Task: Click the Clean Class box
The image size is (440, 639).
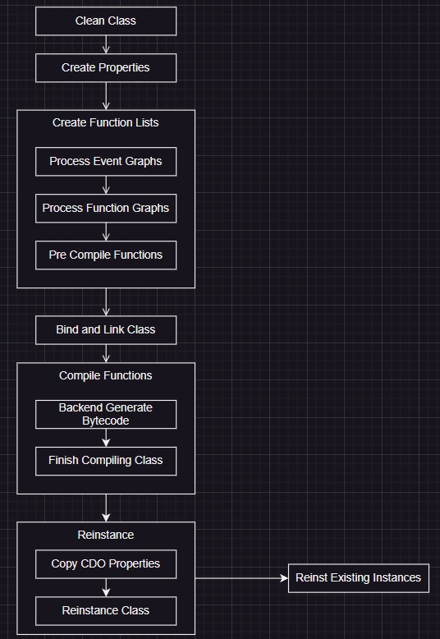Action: tap(106, 21)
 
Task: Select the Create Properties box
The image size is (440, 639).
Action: tap(106, 67)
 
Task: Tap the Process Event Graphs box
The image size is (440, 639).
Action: tap(106, 161)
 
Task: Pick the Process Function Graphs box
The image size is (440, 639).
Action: tap(106, 209)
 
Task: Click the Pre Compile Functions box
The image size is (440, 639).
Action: tap(106, 255)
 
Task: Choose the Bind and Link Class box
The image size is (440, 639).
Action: tap(106, 329)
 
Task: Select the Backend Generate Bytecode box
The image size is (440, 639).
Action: tap(106, 414)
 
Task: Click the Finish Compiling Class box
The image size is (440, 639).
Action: tap(106, 461)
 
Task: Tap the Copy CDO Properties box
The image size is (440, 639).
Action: tap(106, 564)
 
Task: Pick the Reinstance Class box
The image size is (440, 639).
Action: tap(106, 611)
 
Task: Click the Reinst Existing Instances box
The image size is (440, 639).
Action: tap(359, 578)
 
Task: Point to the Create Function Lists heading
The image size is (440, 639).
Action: tap(106, 122)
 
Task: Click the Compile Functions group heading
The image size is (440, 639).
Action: tap(106, 375)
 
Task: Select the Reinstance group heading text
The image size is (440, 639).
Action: tap(106, 535)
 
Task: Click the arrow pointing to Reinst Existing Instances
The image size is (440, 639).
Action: tap(241, 578)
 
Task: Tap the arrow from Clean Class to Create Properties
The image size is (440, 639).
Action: tap(106, 44)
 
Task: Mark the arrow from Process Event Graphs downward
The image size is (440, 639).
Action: tap(106, 185)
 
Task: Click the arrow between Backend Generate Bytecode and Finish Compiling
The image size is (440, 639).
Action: tap(106, 438)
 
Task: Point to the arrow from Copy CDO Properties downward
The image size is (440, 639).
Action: tap(106, 587)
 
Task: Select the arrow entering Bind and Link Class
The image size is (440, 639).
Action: tap(106, 302)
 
